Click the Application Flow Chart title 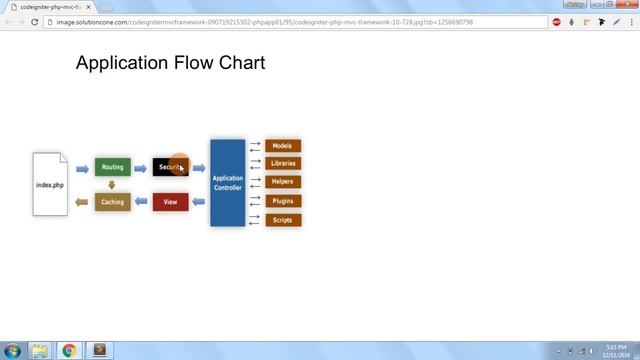pyautogui.click(x=170, y=63)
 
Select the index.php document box pyautogui.click(x=50, y=184)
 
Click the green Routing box pyautogui.click(x=113, y=167)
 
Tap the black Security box pyautogui.click(x=170, y=167)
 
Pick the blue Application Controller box pyautogui.click(x=227, y=183)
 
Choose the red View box pyautogui.click(x=170, y=202)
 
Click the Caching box pyautogui.click(x=113, y=202)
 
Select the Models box pyautogui.click(x=282, y=146)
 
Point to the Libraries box pyautogui.click(x=282, y=163)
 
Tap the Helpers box pyautogui.click(x=282, y=182)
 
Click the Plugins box pyautogui.click(x=282, y=201)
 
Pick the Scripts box pyautogui.click(x=282, y=219)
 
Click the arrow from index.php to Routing pyautogui.click(x=82, y=168)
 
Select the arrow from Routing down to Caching pyautogui.click(x=112, y=184)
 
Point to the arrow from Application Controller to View pyautogui.click(x=198, y=202)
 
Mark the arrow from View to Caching pyautogui.click(x=141, y=202)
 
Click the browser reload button pyautogui.click(x=35, y=21)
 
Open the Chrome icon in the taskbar pyautogui.click(x=69, y=350)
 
